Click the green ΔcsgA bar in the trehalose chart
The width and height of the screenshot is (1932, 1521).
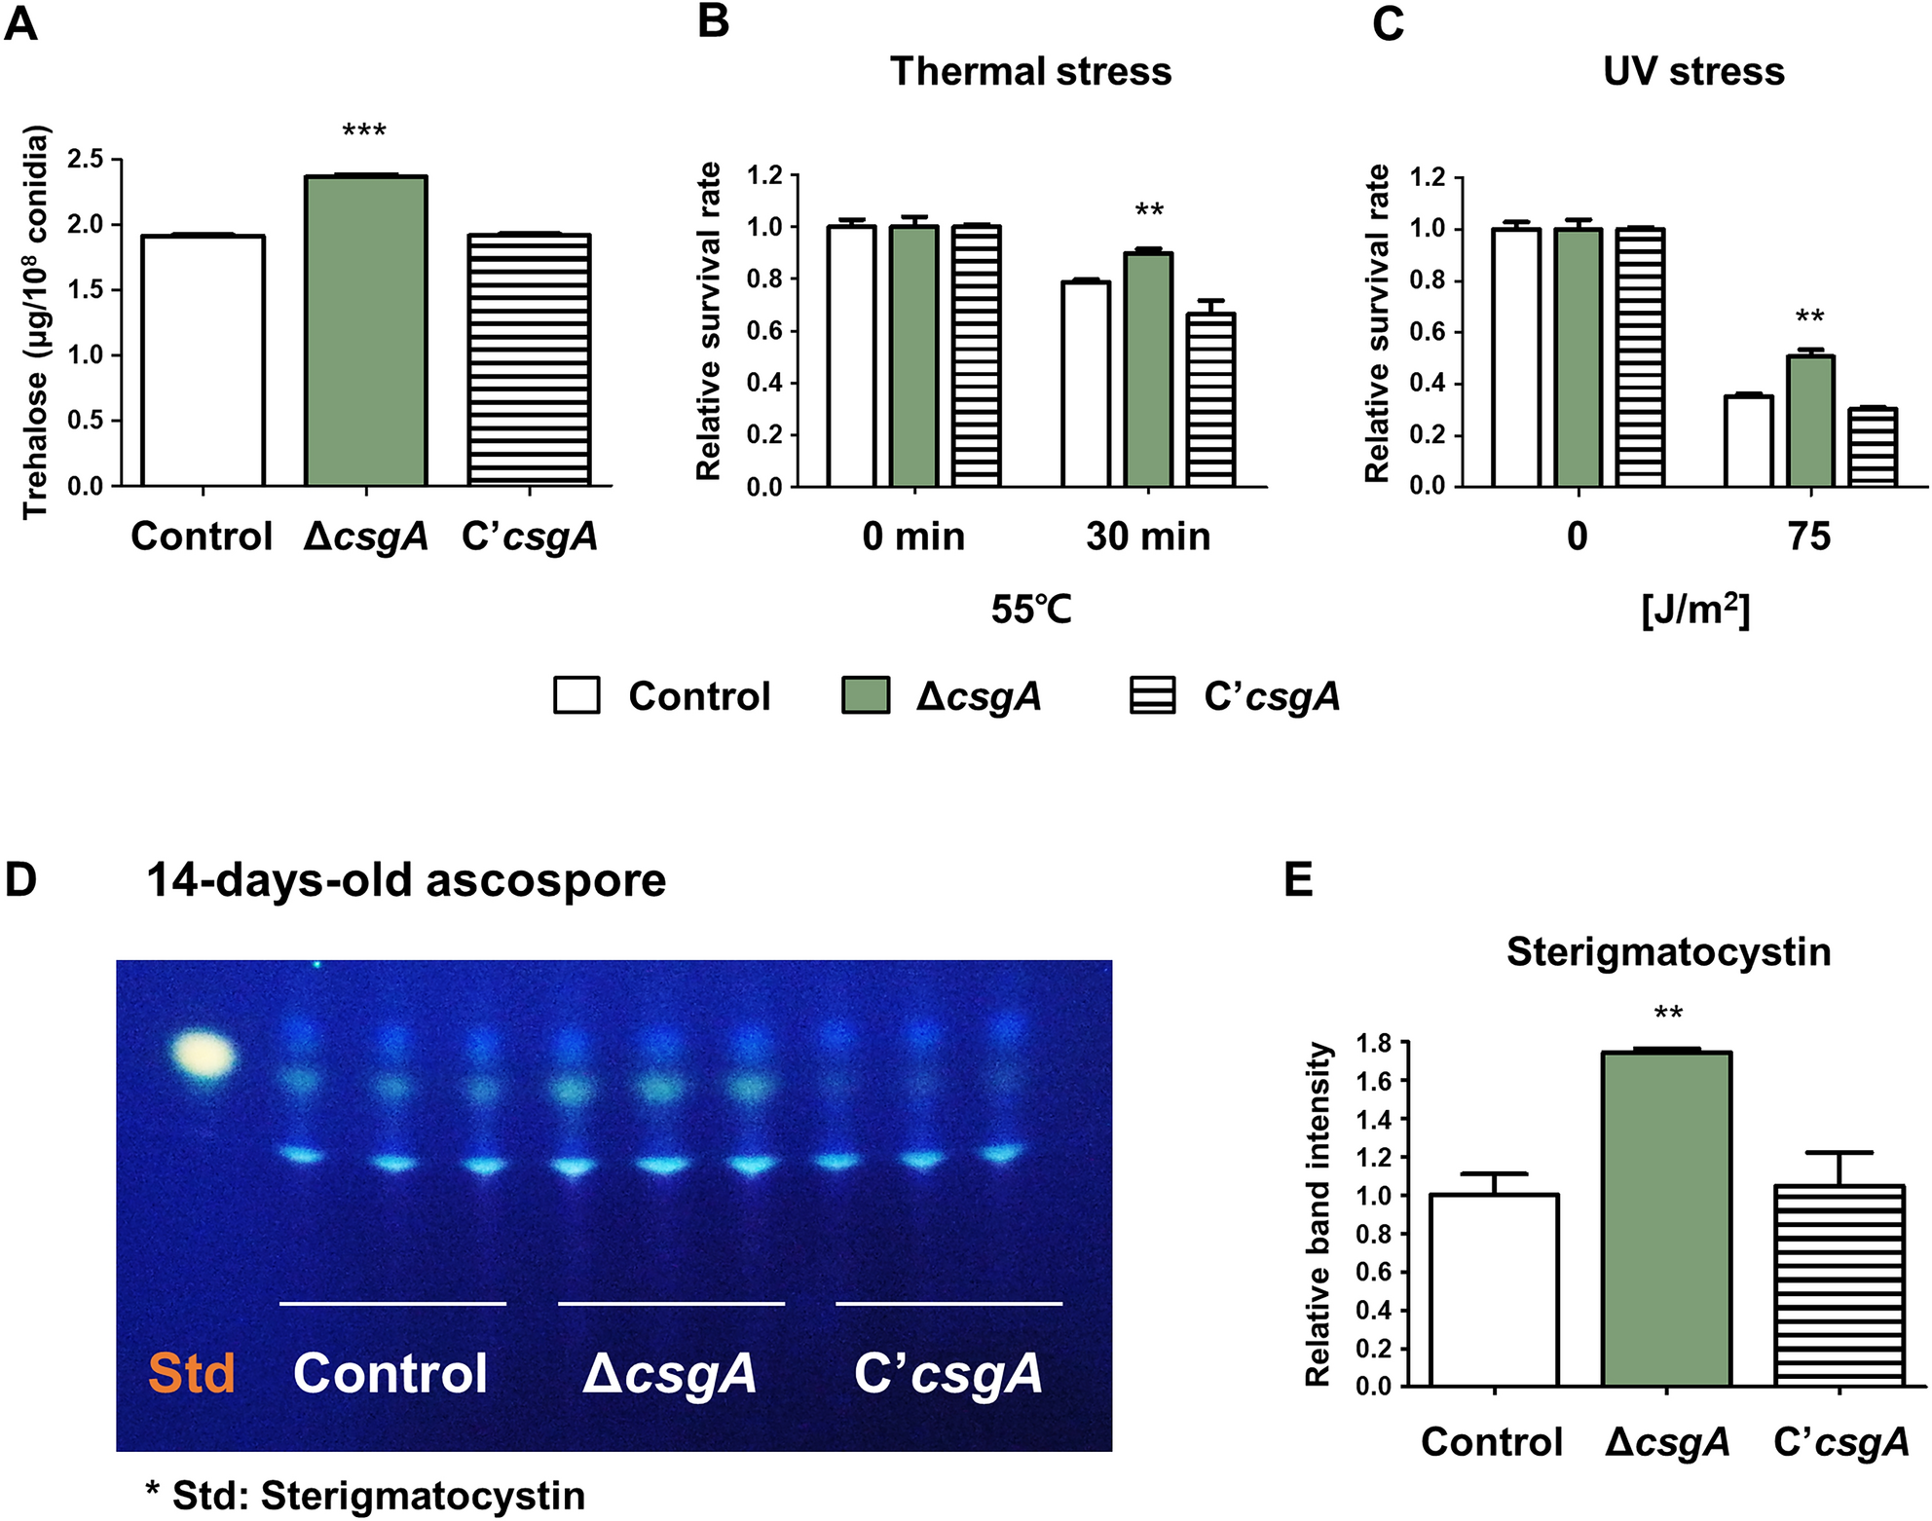tap(365, 331)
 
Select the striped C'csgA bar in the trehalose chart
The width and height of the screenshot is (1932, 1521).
tap(529, 360)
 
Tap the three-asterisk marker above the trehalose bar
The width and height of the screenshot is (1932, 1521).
tap(364, 130)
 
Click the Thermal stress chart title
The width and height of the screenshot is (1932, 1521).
tap(1030, 72)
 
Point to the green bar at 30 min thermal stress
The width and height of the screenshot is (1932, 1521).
tap(1149, 370)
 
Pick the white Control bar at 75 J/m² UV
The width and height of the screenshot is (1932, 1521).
tap(1749, 441)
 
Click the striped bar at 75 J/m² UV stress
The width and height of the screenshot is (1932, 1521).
tap(1873, 447)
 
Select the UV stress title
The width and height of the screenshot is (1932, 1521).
tap(1693, 72)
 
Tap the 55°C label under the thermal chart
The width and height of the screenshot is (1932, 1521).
tap(1031, 611)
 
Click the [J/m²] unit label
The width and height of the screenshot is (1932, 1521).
tap(1695, 611)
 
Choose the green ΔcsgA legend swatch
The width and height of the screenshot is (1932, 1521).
tap(865, 696)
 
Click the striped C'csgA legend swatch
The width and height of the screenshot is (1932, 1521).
tap(1152, 696)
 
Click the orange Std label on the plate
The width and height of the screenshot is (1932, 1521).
tap(191, 1373)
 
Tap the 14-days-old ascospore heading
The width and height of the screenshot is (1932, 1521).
tap(406, 880)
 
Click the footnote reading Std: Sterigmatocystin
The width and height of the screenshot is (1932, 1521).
tap(366, 1496)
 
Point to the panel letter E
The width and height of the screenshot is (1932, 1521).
tap(1298, 879)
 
